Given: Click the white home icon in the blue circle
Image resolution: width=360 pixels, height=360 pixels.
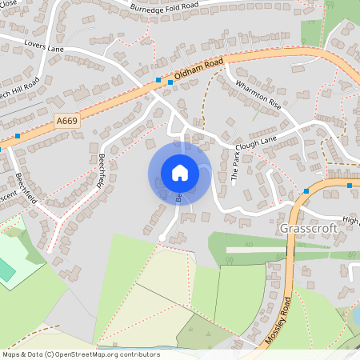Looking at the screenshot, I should coord(179,173).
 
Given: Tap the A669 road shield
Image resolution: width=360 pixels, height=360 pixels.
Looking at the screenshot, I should coord(67,120).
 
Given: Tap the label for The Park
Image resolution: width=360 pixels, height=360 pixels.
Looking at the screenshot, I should coord(236,166).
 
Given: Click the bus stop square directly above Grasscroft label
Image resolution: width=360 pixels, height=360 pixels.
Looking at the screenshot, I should coord(306,190).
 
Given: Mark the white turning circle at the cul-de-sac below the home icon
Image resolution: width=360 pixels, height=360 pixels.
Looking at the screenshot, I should coord(162,238).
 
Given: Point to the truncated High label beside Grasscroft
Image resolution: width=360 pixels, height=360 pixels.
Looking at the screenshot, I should coord(351,220).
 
